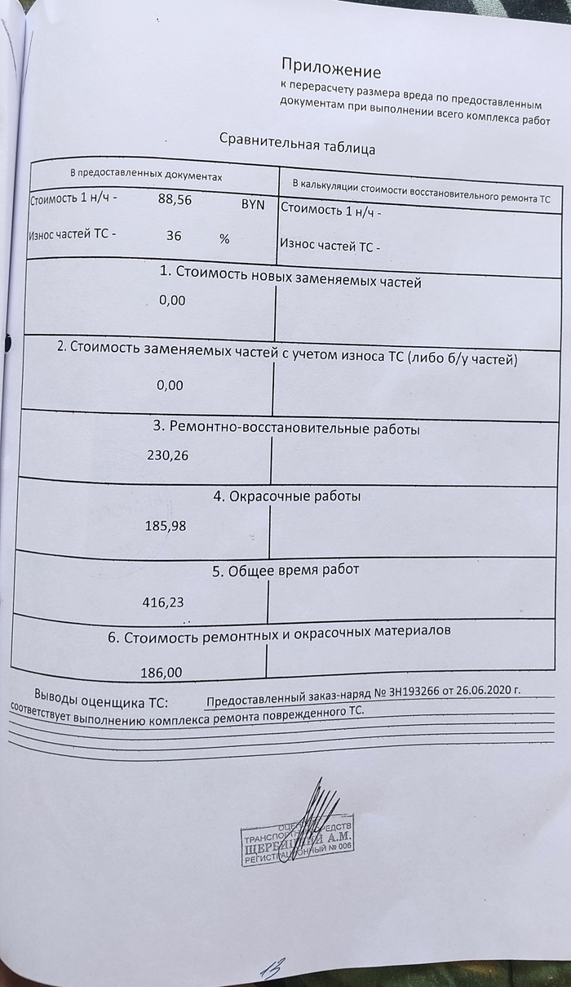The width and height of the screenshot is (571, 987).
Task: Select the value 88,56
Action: point(175,199)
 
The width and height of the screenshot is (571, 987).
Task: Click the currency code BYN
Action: point(253,204)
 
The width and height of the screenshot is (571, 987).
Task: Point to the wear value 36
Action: point(174,236)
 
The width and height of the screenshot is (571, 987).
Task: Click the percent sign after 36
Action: point(224,239)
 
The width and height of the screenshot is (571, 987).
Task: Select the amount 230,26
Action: point(167,456)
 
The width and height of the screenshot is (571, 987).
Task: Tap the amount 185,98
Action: point(165,526)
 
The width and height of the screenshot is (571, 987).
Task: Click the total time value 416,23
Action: point(163,602)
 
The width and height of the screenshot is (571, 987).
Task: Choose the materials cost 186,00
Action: point(161,674)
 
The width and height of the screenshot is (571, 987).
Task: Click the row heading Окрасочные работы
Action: point(294,496)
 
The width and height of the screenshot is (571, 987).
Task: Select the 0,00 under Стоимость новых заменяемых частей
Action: point(172,300)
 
